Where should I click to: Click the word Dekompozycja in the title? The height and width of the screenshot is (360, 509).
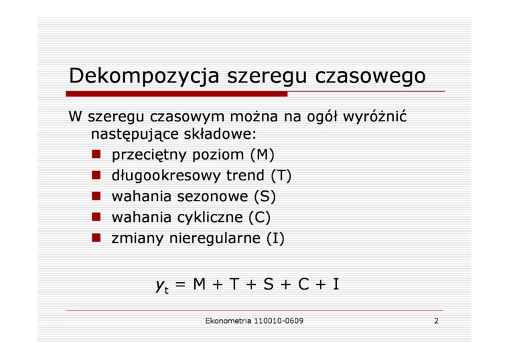tap(144, 76)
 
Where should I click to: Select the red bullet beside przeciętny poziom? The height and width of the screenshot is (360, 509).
tap(96, 154)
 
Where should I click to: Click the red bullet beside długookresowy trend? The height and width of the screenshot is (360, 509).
tap(96, 175)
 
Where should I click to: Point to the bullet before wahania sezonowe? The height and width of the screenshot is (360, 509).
tap(96, 196)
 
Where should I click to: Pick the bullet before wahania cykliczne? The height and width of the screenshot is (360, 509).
tap(96, 217)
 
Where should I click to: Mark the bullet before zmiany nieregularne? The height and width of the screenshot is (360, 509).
tap(96, 238)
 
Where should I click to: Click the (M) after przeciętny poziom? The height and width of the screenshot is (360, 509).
tap(263, 155)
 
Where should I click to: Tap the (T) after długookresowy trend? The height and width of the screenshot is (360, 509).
tap(281, 176)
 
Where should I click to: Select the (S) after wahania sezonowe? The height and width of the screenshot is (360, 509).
tap(265, 196)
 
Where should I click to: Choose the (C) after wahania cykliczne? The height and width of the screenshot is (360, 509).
tap(259, 217)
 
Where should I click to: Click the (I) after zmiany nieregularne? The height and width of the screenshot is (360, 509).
tap(275, 239)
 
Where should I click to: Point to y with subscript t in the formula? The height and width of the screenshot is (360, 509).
tap(162, 286)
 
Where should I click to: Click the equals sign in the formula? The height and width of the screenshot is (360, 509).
tap(180, 285)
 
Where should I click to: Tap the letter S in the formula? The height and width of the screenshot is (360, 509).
tap(269, 284)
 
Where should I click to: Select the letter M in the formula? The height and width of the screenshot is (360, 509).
tap(200, 284)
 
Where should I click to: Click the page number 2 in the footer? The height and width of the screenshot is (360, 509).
tap(436, 321)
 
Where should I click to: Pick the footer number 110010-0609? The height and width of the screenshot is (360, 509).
tap(279, 321)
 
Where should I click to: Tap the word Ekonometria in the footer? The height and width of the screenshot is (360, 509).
tap(228, 321)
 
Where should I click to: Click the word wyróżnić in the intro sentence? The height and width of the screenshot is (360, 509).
tap(374, 117)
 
